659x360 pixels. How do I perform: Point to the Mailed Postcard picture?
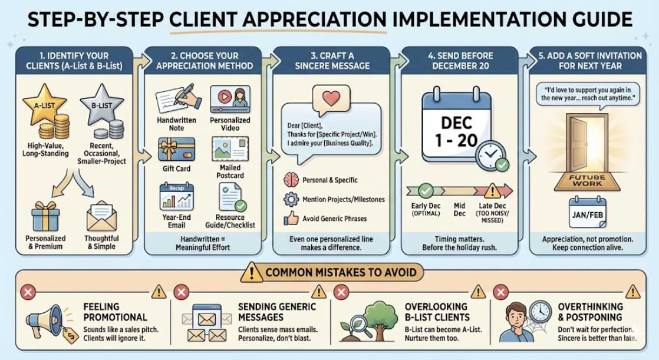coord(229,149)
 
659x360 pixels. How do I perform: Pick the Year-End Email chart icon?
coord(176,196)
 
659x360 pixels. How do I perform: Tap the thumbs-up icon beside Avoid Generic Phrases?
coord(291,219)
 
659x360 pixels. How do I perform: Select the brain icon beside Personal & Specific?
coord(291,180)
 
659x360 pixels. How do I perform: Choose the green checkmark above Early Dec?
coord(425,191)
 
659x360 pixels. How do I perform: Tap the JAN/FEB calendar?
coord(586,214)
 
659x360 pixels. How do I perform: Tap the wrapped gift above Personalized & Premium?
coord(45,216)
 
